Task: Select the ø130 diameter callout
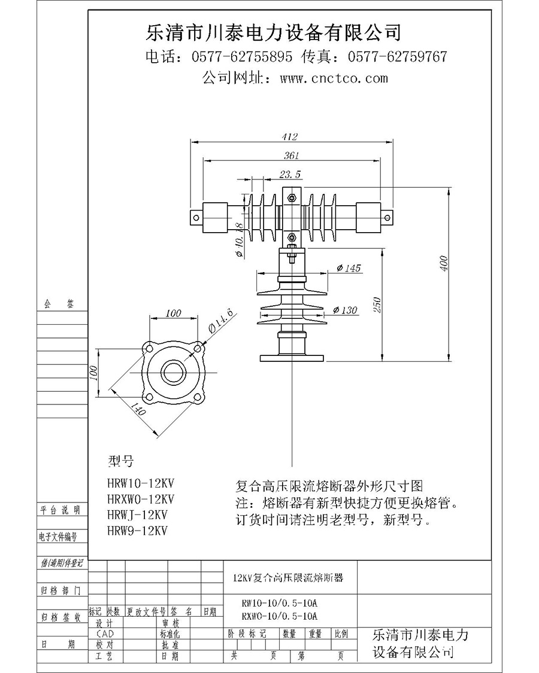(345, 310)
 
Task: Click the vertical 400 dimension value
(444, 264)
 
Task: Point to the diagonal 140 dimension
(138, 411)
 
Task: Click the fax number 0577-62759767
(397, 57)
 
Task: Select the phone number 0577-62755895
(242, 57)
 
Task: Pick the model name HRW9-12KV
(137, 530)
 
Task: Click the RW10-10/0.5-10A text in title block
(279, 602)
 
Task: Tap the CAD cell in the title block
(105, 634)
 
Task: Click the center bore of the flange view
(174, 370)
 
